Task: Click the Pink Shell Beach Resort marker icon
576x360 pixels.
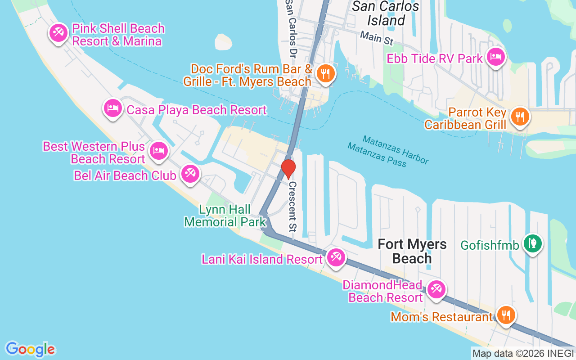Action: [x=58, y=33]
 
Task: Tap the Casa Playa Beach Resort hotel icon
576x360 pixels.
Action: [x=112, y=108]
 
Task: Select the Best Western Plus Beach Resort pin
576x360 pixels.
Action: [x=158, y=150]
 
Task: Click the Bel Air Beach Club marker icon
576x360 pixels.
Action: [x=190, y=174]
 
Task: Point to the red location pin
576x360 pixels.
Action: [x=288, y=169]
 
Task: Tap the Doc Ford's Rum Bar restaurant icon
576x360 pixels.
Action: [x=324, y=73]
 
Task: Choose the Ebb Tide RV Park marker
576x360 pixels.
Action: [x=495, y=57]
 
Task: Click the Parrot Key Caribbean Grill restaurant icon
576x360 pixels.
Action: [x=520, y=117]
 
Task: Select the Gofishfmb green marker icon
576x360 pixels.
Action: [x=533, y=243]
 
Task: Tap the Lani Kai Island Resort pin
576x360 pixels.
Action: [x=335, y=257]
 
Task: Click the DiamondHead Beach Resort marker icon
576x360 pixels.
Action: [x=436, y=289]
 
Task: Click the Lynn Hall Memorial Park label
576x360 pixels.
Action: [x=225, y=216]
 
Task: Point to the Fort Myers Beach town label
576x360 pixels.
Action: [x=412, y=251]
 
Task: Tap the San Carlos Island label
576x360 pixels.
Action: [x=386, y=13]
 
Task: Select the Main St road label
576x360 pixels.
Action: [x=377, y=38]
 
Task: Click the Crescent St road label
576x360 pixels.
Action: [x=292, y=205]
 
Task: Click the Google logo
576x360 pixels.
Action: [x=30, y=349]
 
